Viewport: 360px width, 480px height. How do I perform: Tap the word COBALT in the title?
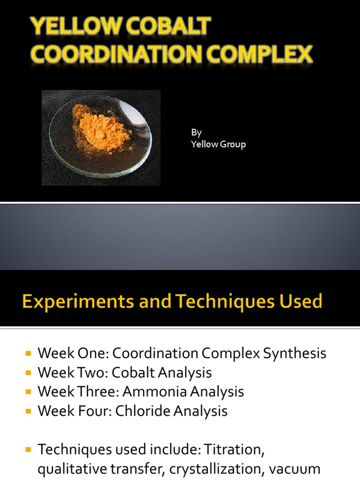pos(174,27)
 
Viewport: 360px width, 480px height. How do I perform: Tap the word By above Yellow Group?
pos(196,133)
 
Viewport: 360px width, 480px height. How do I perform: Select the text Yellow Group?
pos(218,144)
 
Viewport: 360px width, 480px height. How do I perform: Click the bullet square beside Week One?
pos(29,353)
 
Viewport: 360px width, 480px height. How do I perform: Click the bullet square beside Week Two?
pos(29,373)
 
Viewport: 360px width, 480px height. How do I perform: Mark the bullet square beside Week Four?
pos(29,411)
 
